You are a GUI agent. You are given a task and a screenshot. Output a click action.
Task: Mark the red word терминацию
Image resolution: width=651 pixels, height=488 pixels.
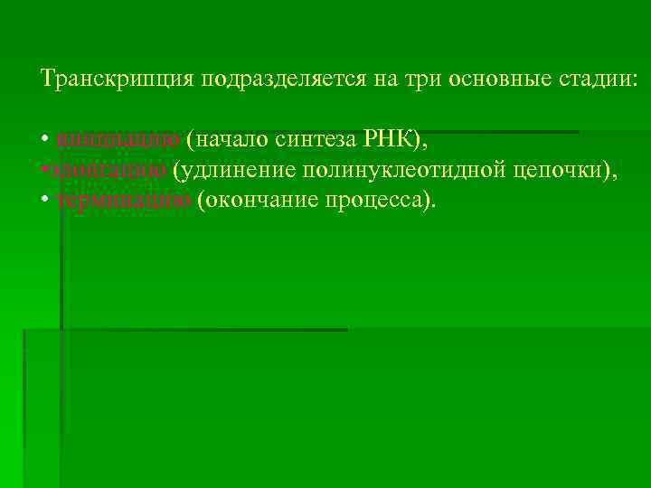tap(123, 199)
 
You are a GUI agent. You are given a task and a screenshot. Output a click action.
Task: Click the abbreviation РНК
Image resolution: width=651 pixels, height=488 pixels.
tap(389, 139)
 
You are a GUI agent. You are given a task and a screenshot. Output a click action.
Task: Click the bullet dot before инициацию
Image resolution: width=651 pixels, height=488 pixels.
tap(45, 141)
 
